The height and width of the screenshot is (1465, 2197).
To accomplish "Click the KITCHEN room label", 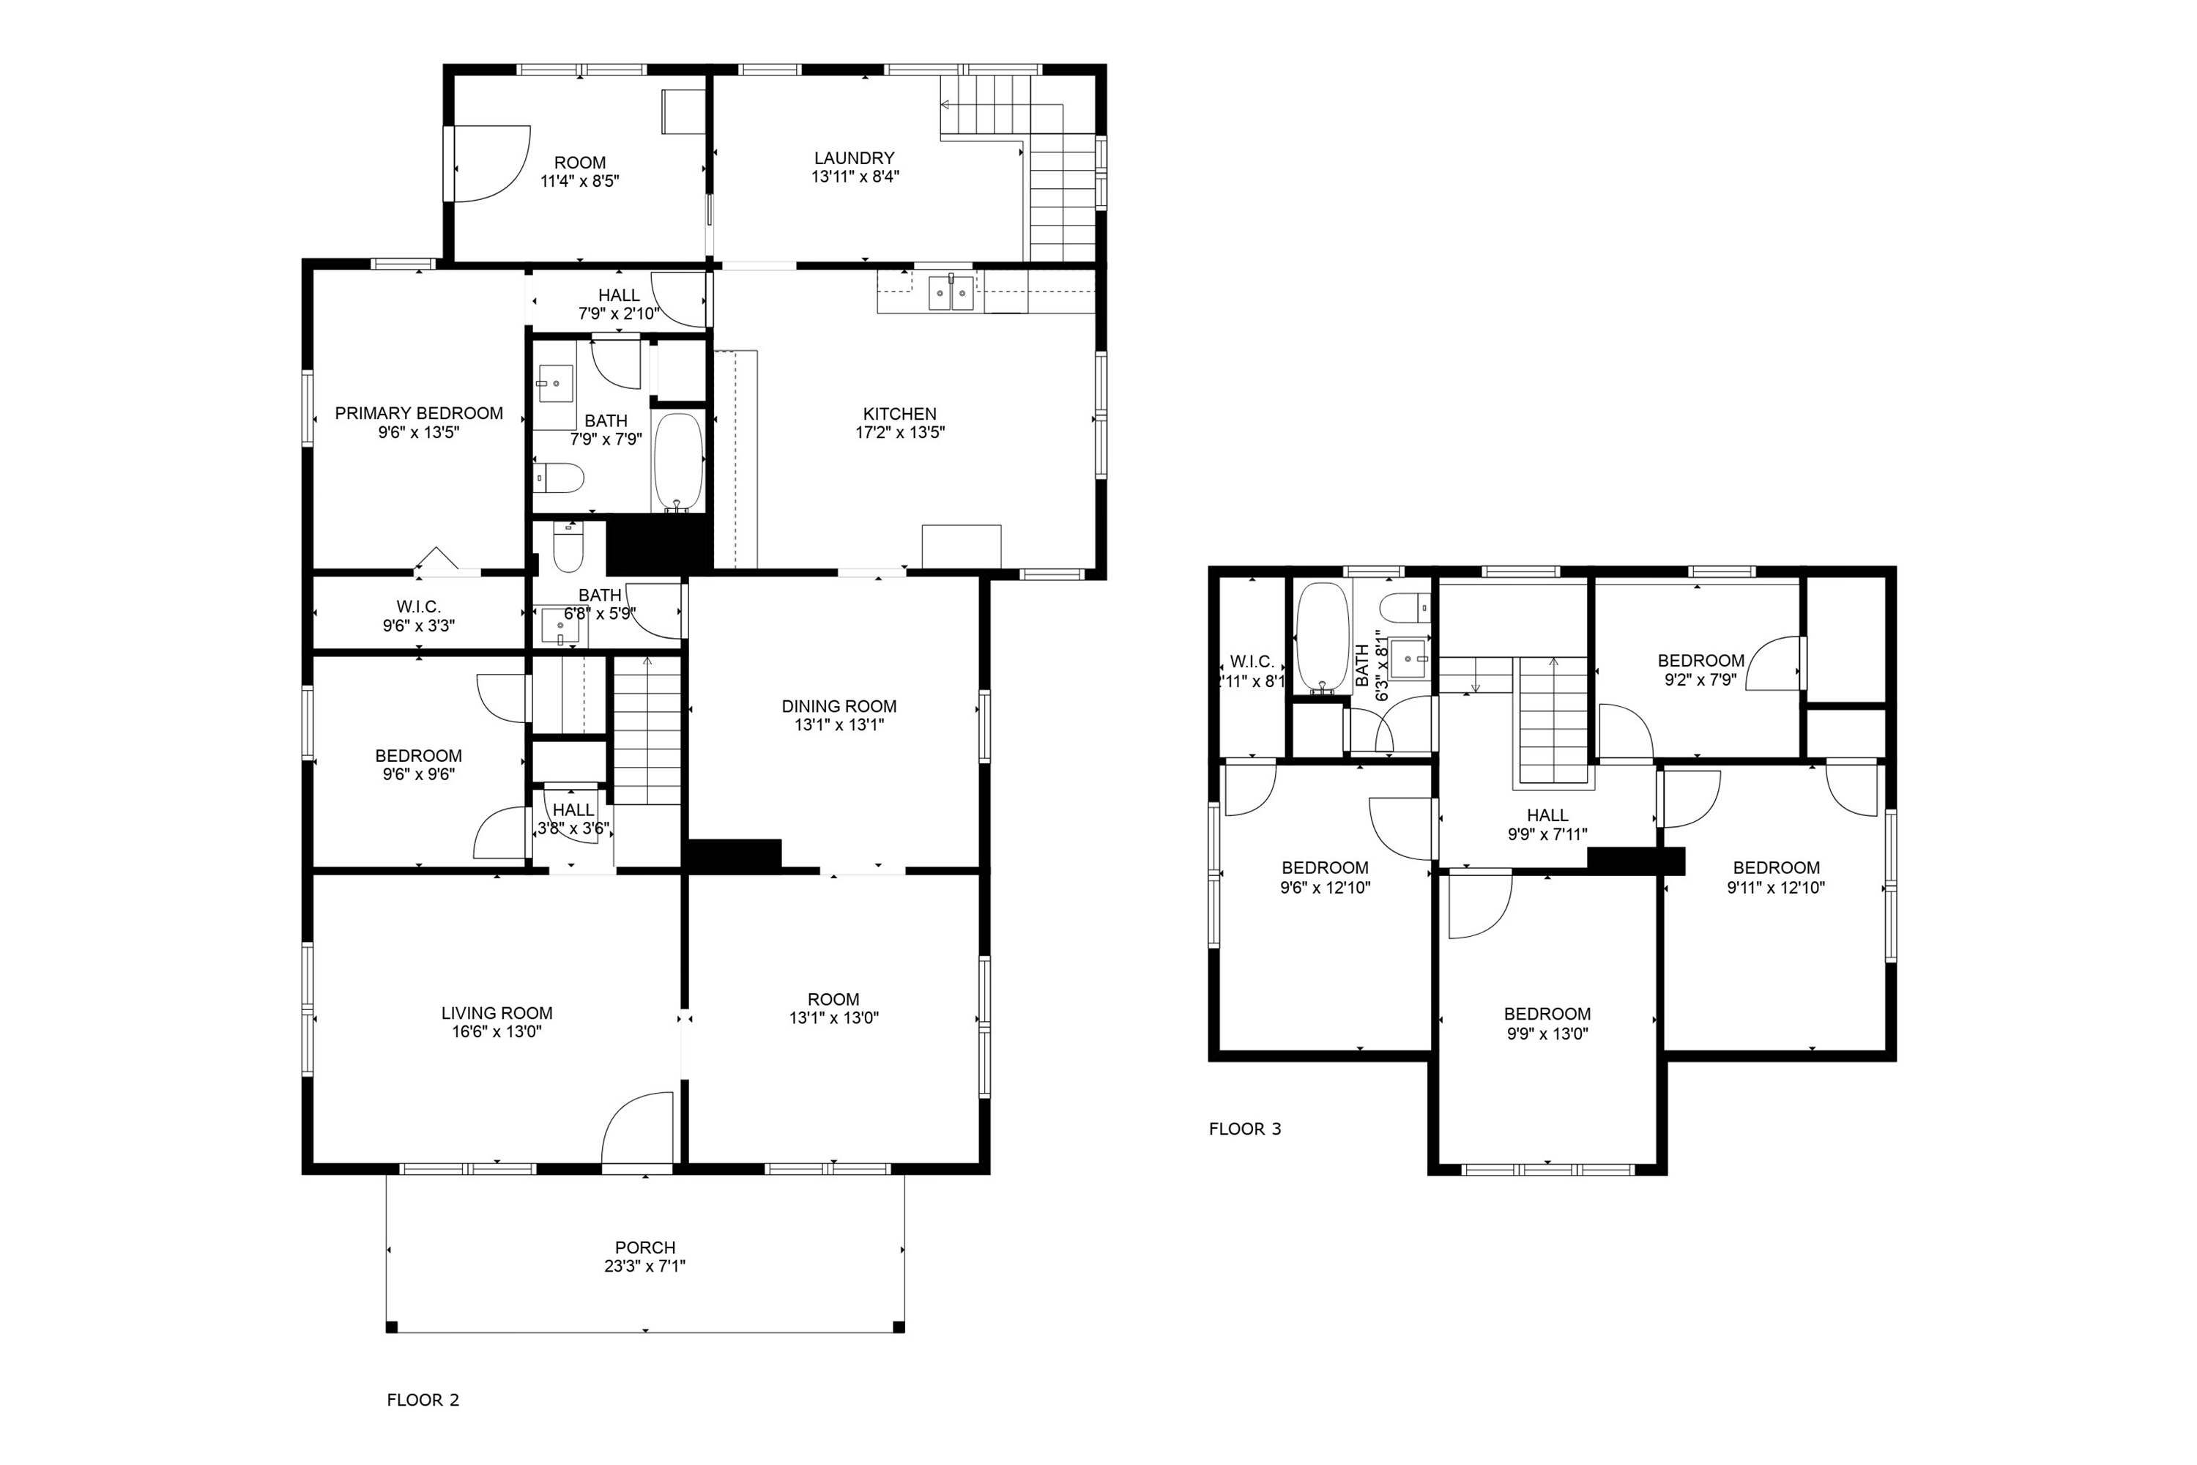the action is point(899,414).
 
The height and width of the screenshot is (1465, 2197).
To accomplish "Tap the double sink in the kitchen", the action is point(951,292).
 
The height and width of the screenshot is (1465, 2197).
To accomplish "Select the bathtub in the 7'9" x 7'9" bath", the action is point(678,462).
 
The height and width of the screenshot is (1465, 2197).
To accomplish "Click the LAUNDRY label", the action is point(854,158).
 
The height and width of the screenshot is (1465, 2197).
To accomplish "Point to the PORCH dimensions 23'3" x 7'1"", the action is point(644,1266).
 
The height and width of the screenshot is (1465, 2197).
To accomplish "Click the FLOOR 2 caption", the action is point(423,1400).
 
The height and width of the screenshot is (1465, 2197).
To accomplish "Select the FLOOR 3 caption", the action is point(1245,1129).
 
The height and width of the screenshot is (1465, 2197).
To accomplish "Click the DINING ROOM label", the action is point(839,706).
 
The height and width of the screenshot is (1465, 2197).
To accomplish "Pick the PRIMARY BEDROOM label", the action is point(418,413).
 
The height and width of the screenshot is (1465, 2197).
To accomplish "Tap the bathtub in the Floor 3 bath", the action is point(1323,637).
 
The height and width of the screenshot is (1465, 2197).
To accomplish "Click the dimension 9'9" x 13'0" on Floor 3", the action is point(1547,1034).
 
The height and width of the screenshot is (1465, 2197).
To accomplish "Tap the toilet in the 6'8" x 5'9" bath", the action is point(568,547).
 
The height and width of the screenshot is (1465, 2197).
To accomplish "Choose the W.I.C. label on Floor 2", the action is point(418,607).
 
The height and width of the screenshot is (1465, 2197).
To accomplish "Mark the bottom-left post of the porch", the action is point(391,1327).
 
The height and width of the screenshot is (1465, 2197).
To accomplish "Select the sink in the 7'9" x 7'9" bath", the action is point(555,383).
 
